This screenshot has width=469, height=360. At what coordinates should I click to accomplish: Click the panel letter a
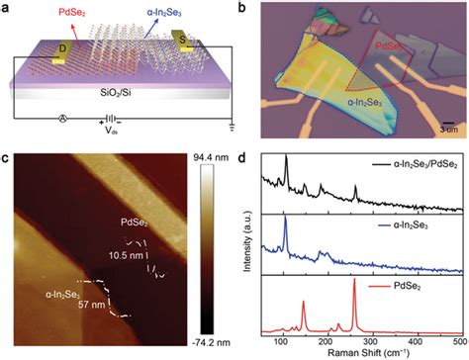click(x=8, y=8)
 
